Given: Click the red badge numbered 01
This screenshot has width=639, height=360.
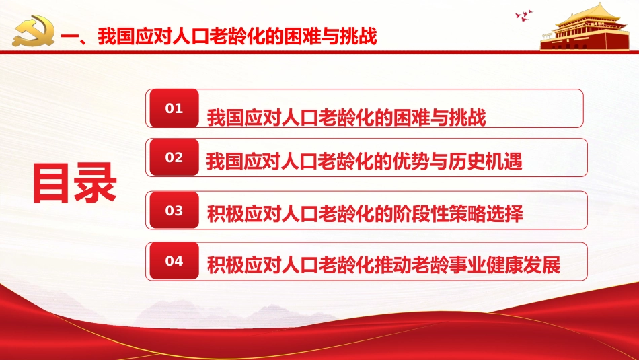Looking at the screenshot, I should tap(174, 108).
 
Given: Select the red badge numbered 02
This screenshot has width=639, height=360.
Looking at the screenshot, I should tap(174, 157).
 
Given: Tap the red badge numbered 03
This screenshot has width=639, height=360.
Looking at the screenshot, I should tap(174, 211).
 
